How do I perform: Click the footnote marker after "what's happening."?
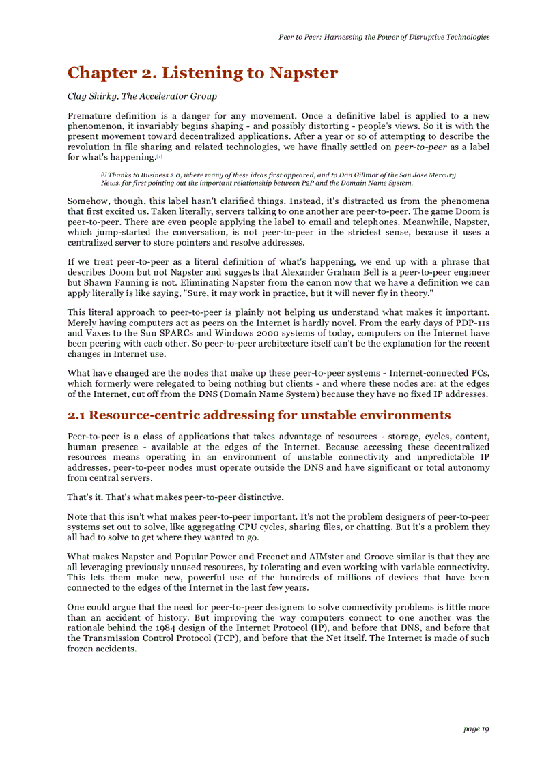click(x=159, y=157)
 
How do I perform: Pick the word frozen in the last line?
click(x=82, y=649)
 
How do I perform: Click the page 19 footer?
click(x=476, y=729)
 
